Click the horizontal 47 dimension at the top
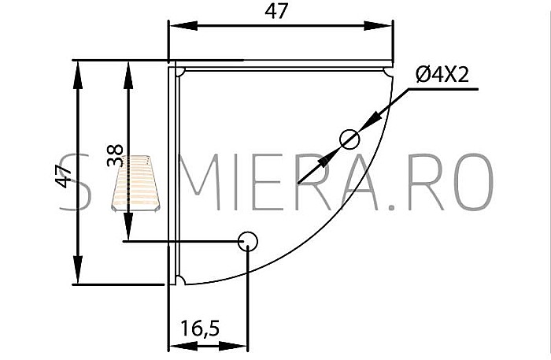click(x=276, y=11)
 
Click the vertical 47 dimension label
click(x=64, y=176)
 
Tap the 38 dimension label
click(x=115, y=155)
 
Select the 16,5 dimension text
click(x=200, y=328)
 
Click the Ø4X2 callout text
click(x=442, y=75)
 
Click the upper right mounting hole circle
click(x=349, y=139)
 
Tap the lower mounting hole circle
click(x=248, y=242)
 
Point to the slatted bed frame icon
click(x=135, y=184)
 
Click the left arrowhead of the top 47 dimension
click(x=183, y=26)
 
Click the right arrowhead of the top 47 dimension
click(x=378, y=26)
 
